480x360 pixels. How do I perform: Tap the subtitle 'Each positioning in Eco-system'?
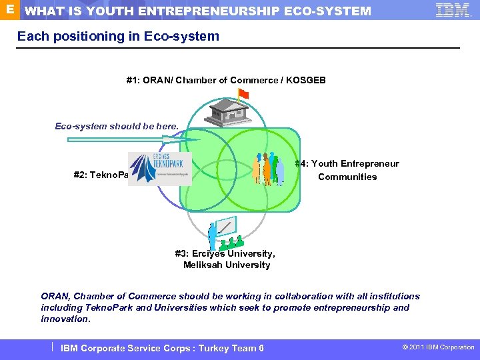coord(118,36)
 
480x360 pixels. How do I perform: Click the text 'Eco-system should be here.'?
coord(117,126)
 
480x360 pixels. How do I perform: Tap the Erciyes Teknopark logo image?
coord(159,169)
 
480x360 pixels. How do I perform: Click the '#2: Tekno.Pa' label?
coord(100,177)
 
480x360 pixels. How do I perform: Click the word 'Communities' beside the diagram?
coord(347,177)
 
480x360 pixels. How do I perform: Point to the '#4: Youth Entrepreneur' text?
coord(348,163)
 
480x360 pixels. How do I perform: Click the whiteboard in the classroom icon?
coord(225,228)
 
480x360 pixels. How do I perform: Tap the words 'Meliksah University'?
coord(227,265)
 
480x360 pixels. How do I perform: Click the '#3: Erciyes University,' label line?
coord(225,253)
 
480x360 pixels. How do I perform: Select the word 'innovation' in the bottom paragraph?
coord(65,319)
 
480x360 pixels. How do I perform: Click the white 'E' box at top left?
coord(7,9)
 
